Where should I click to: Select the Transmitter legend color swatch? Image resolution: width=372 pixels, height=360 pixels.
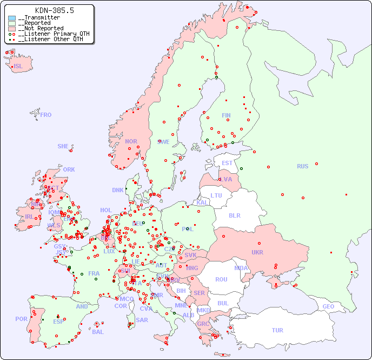pyautogui.click(x=12, y=18)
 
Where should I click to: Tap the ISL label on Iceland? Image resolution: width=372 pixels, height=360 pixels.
pyautogui.click(x=18, y=67)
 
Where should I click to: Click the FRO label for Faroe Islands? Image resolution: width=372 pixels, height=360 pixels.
pyautogui.click(x=46, y=115)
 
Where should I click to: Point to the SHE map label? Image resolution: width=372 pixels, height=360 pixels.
pyautogui.click(x=63, y=146)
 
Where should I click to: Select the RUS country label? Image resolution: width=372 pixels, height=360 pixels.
pyautogui.click(x=302, y=166)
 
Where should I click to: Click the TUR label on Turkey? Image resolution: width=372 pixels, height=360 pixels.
pyautogui.click(x=277, y=330)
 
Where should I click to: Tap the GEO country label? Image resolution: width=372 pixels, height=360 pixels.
pyautogui.click(x=328, y=306)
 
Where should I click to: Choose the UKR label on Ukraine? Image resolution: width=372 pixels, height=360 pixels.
pyautogui.click(x=257, y=252)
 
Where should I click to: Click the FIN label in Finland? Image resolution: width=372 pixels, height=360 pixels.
pyautogui.click(x=226, y=115)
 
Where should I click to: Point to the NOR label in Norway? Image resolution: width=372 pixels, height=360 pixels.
pyautogui.click(x=131, y=141)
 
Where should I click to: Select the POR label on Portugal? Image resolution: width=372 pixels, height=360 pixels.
pyautogui.click(x=21, y=319)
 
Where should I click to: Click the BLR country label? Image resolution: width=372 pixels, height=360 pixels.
pyautogui.click(x=235, y=215)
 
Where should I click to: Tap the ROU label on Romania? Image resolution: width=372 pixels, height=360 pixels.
pyautogui.click(x=221, y=279)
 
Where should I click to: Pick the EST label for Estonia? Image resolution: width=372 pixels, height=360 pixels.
pyautogui.click(x=227, y=163)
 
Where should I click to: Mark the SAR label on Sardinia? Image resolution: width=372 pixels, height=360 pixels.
pyautogui.click(x=142, y=320)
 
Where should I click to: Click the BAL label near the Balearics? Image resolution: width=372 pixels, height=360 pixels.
pyautogui.click(x=97, y=332)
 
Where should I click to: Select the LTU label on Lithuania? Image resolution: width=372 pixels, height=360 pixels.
pyautogui.click(x=216, y=195)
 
